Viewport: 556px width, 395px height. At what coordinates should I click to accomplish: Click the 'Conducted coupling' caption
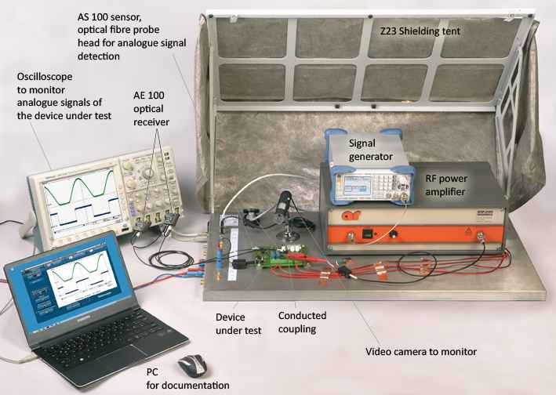click(x=302, y=322)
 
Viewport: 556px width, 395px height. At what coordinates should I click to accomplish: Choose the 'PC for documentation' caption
click(x=187, y=379)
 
